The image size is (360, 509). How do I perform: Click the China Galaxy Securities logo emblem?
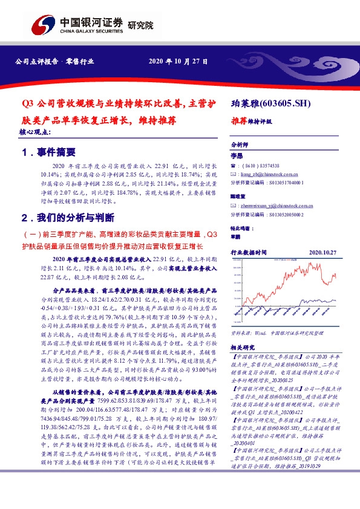pyautogui.click(x=43, y=26)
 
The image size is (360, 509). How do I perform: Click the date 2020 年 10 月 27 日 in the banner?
pyautogui.click(x=179, y=62)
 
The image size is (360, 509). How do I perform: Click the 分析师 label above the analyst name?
pyautogui.click(x=240, y=146)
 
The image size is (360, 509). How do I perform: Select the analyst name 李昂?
pyautogui.click(x=237, y=156)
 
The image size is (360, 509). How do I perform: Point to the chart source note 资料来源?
pyautogui.click(x=241, y=332)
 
